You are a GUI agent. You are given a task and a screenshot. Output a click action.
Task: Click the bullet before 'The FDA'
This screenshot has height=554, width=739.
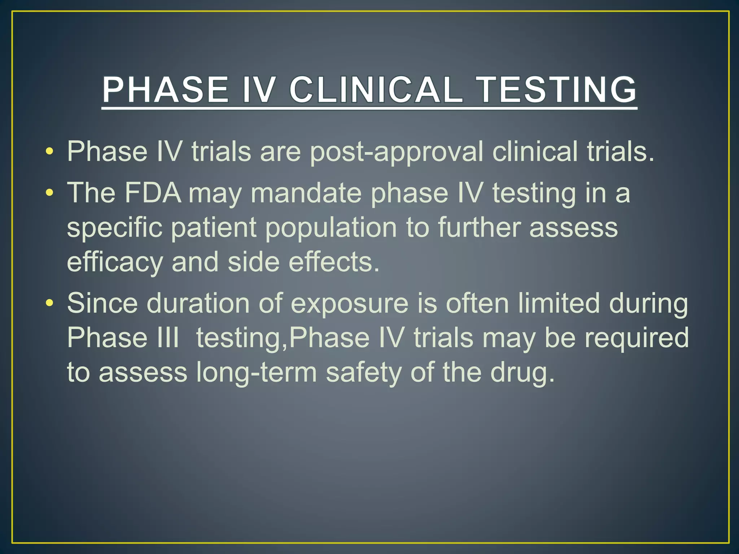[x=50, y=193]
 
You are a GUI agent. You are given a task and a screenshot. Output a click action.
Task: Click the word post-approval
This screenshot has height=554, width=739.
[x=396, y=152]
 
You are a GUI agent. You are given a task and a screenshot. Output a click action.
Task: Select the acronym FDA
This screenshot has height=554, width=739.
[x=153, y=193]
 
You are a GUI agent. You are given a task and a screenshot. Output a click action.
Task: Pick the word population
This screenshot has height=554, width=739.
[x=331, y=228]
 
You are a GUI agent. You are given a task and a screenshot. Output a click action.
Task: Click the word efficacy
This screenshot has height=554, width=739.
[x=115, y=263]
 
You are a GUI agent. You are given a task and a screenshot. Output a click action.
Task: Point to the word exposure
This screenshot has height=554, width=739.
[x=349, y=304]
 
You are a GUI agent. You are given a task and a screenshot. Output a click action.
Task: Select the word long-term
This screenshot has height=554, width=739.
[x=256, y=373]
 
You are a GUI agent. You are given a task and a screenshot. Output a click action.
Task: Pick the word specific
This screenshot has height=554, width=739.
[x=114, y=228]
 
